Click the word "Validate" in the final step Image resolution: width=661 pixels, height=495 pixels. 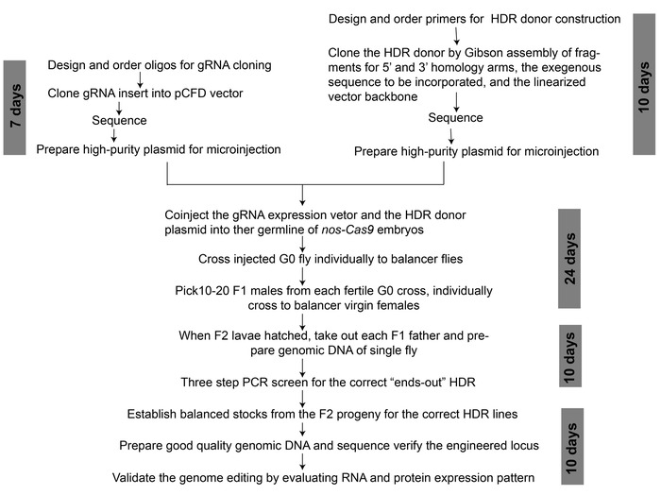[140, 477]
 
